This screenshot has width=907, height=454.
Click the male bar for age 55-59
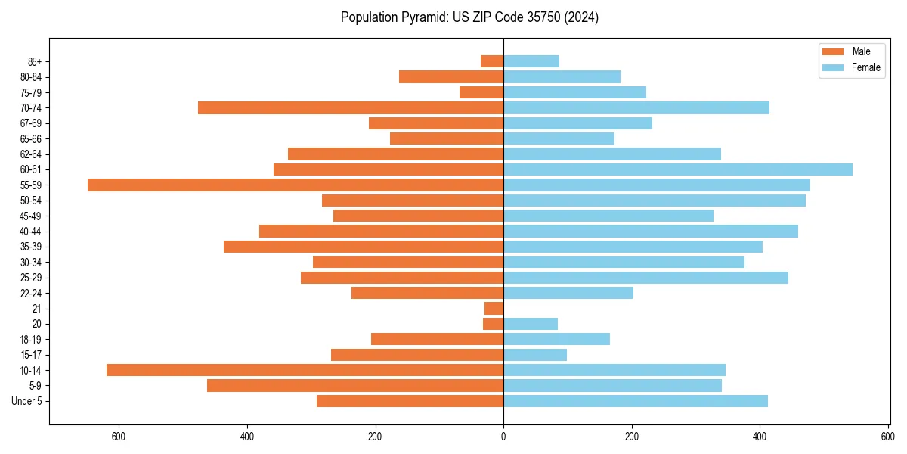pyautogui.click(x=296, y=185)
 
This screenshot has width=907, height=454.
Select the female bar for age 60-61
pyautogui.click(x=678, y=169)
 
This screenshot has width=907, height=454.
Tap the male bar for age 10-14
pyautogui.click(x=305, y=370)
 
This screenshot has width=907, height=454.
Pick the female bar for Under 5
pyautogui.click(x=636, y=401)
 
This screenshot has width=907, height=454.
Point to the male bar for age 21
pyautogui.click(x=494, y=308)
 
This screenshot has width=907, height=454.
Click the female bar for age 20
pyautogui.click(x=531, y=324)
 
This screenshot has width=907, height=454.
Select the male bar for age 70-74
pyautogui.click(x=351, y=107)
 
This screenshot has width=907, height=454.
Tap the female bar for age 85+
pyautogui.click(x=531, y=61)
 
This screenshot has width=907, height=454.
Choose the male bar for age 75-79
pyautogui.click(x=481, y=92)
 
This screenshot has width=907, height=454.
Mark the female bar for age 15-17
pyautogui.click(x=535, y=355)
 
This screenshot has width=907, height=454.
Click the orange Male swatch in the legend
pyautogui.click(x=832, y=51)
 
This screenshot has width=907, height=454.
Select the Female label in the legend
pyautogui.click(x=865, y=67)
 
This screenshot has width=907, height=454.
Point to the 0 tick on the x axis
pyautogui.click(x=503, y=437)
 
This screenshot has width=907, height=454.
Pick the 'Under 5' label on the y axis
pyautogui.click(x=27, y=401)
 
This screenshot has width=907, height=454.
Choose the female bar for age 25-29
pyautogui.click(x=645, y=278)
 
